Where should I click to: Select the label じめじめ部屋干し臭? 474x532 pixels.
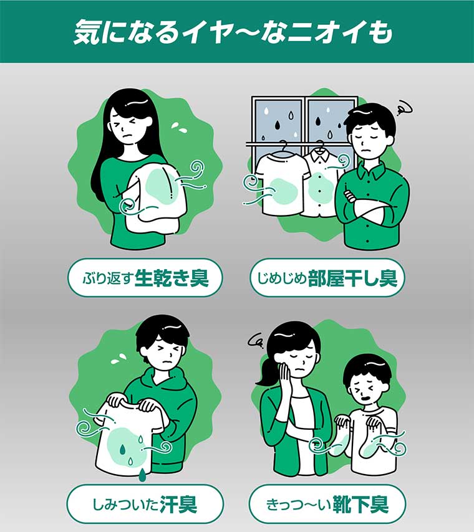click(x=327, y=278)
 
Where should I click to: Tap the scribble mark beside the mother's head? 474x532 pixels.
click(x=255, y=340)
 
